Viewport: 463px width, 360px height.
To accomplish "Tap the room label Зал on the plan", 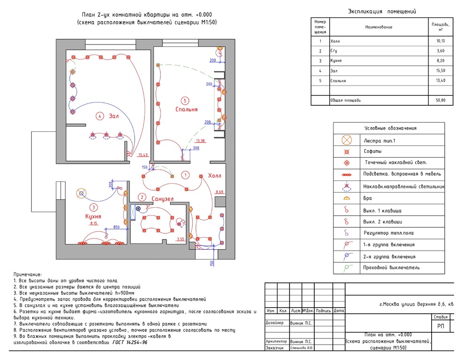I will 114,116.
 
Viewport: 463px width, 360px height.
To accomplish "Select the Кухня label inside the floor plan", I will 94,216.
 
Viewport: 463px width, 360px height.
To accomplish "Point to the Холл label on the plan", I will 215,176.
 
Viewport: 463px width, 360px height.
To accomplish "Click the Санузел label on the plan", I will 163,199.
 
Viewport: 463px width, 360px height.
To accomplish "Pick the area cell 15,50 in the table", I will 441,71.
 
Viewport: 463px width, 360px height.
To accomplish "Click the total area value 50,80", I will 441,100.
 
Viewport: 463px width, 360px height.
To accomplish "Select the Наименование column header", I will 378,27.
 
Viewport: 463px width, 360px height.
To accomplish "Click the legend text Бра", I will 368,198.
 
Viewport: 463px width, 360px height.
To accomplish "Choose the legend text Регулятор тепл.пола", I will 389,233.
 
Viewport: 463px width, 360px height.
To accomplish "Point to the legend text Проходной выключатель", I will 391,268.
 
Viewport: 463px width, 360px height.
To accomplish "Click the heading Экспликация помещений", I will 382,11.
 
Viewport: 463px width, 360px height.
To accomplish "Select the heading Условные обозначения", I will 390,128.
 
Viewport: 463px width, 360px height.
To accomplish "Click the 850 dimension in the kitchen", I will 111,228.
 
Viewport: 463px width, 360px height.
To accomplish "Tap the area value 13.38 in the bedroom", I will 201,140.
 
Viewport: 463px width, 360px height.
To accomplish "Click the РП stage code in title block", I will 441,326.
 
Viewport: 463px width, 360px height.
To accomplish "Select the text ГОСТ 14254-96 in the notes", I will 130,342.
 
